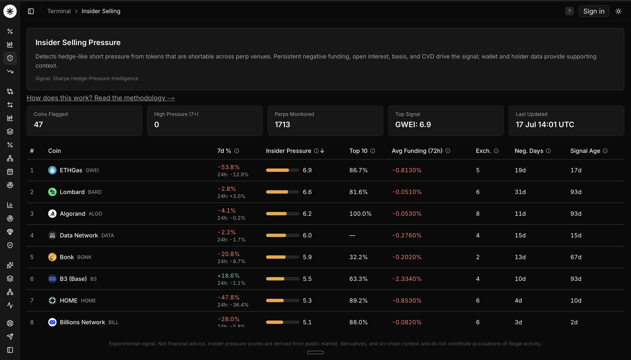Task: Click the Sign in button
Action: [594, 11]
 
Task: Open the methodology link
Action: [100, 98]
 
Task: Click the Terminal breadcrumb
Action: [59, 11]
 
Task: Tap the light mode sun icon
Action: [618, 11]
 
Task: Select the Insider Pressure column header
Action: [288, 151]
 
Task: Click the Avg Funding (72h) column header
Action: [417, 151]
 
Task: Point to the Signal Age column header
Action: [585, 151]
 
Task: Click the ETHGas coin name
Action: [71, 170]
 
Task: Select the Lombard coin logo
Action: [52, 192]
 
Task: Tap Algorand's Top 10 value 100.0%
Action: [360, 214]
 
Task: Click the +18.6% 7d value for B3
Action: [228, 276]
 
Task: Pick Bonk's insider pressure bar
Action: [283, 257]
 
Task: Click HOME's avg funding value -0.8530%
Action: [407, 301]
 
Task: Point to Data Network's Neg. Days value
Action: [520, 235]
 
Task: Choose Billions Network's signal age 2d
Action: [574, 322]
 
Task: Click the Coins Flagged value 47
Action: [38, 125]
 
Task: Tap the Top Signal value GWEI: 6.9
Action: [413, 125]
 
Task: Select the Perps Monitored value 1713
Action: [282, 125]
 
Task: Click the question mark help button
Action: [569, 11]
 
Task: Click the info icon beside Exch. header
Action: [496, 151]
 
